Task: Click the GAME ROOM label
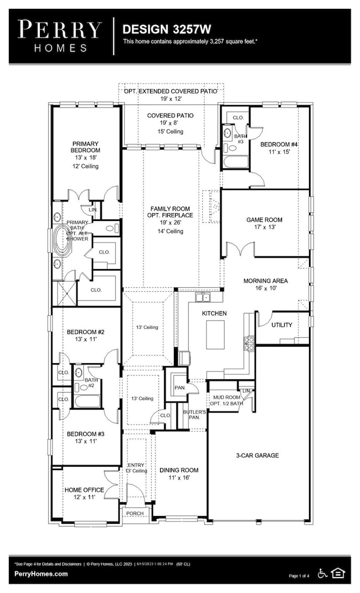click(x=261, y=220)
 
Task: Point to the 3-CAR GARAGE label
click(x=254, y=456)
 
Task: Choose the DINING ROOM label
click(x=179, y=470)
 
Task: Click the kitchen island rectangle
click(x=215, y=334)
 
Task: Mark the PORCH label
click(x=135, y=513)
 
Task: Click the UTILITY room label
click(x=281, y=325)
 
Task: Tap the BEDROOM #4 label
click(x=279, y=145)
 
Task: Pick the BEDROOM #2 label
click(x=86, y=332)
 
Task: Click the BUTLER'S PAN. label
click(x=194, y=415)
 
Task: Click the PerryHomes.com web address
click(x=41, y=574)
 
